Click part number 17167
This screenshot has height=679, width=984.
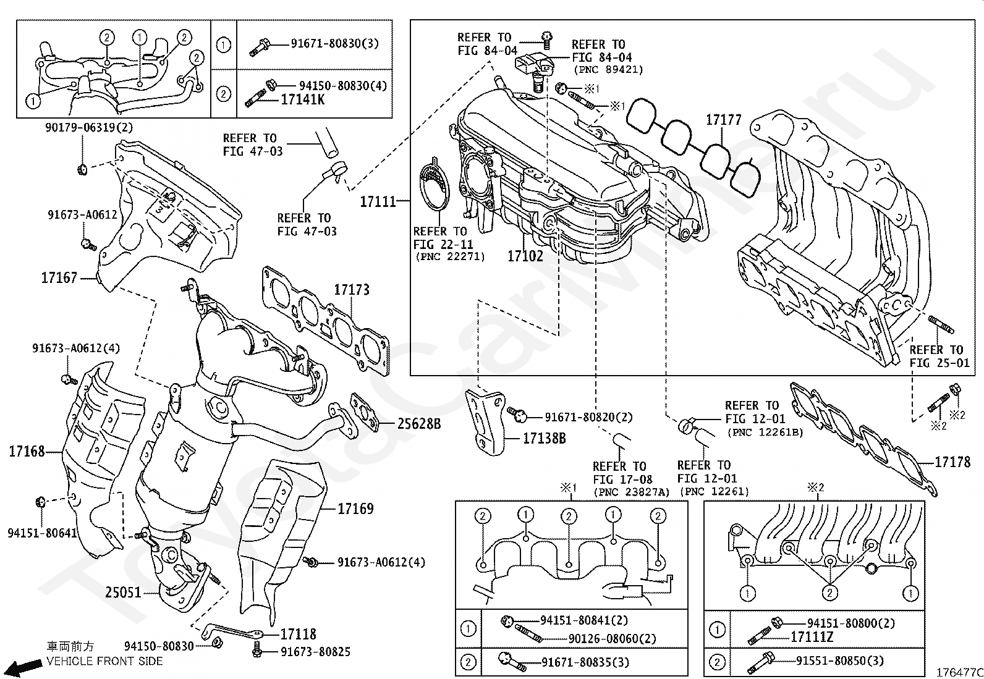click(59, 278)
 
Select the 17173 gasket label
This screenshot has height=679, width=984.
click(352, 289)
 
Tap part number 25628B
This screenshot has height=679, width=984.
click(418, 424)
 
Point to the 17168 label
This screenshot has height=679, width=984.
click(27, 452)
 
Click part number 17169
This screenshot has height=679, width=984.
click(355, 509)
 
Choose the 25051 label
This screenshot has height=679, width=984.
click(123, 593)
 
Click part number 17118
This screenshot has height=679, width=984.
click(298, 634)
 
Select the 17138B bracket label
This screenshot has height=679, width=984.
click(544, 439)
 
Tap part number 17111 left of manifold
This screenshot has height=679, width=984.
click(378, 201)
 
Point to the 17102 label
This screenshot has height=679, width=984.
click(525, 256)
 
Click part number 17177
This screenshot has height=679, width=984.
click(723, 119)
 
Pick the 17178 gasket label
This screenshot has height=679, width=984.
click(952, 462)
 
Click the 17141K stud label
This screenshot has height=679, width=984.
click(302, 99)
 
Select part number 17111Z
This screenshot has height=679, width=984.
click(812, 636)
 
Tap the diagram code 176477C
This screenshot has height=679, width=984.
click(959, 672)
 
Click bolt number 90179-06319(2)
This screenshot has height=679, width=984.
click(88, 128)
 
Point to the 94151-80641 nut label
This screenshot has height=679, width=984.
click(42, 532)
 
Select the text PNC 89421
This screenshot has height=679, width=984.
click(608, 70)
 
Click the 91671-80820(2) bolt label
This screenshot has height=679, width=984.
click(588, 418)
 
